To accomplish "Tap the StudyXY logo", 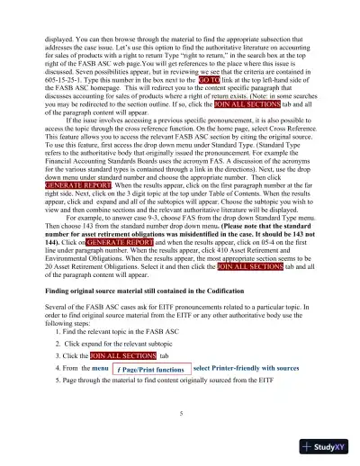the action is click(x=325, y=445).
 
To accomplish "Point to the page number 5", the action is click(x=180, y=413).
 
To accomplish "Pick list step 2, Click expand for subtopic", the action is click(x=117, y=344).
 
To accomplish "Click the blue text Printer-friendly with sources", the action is click(x=246, y=368).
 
